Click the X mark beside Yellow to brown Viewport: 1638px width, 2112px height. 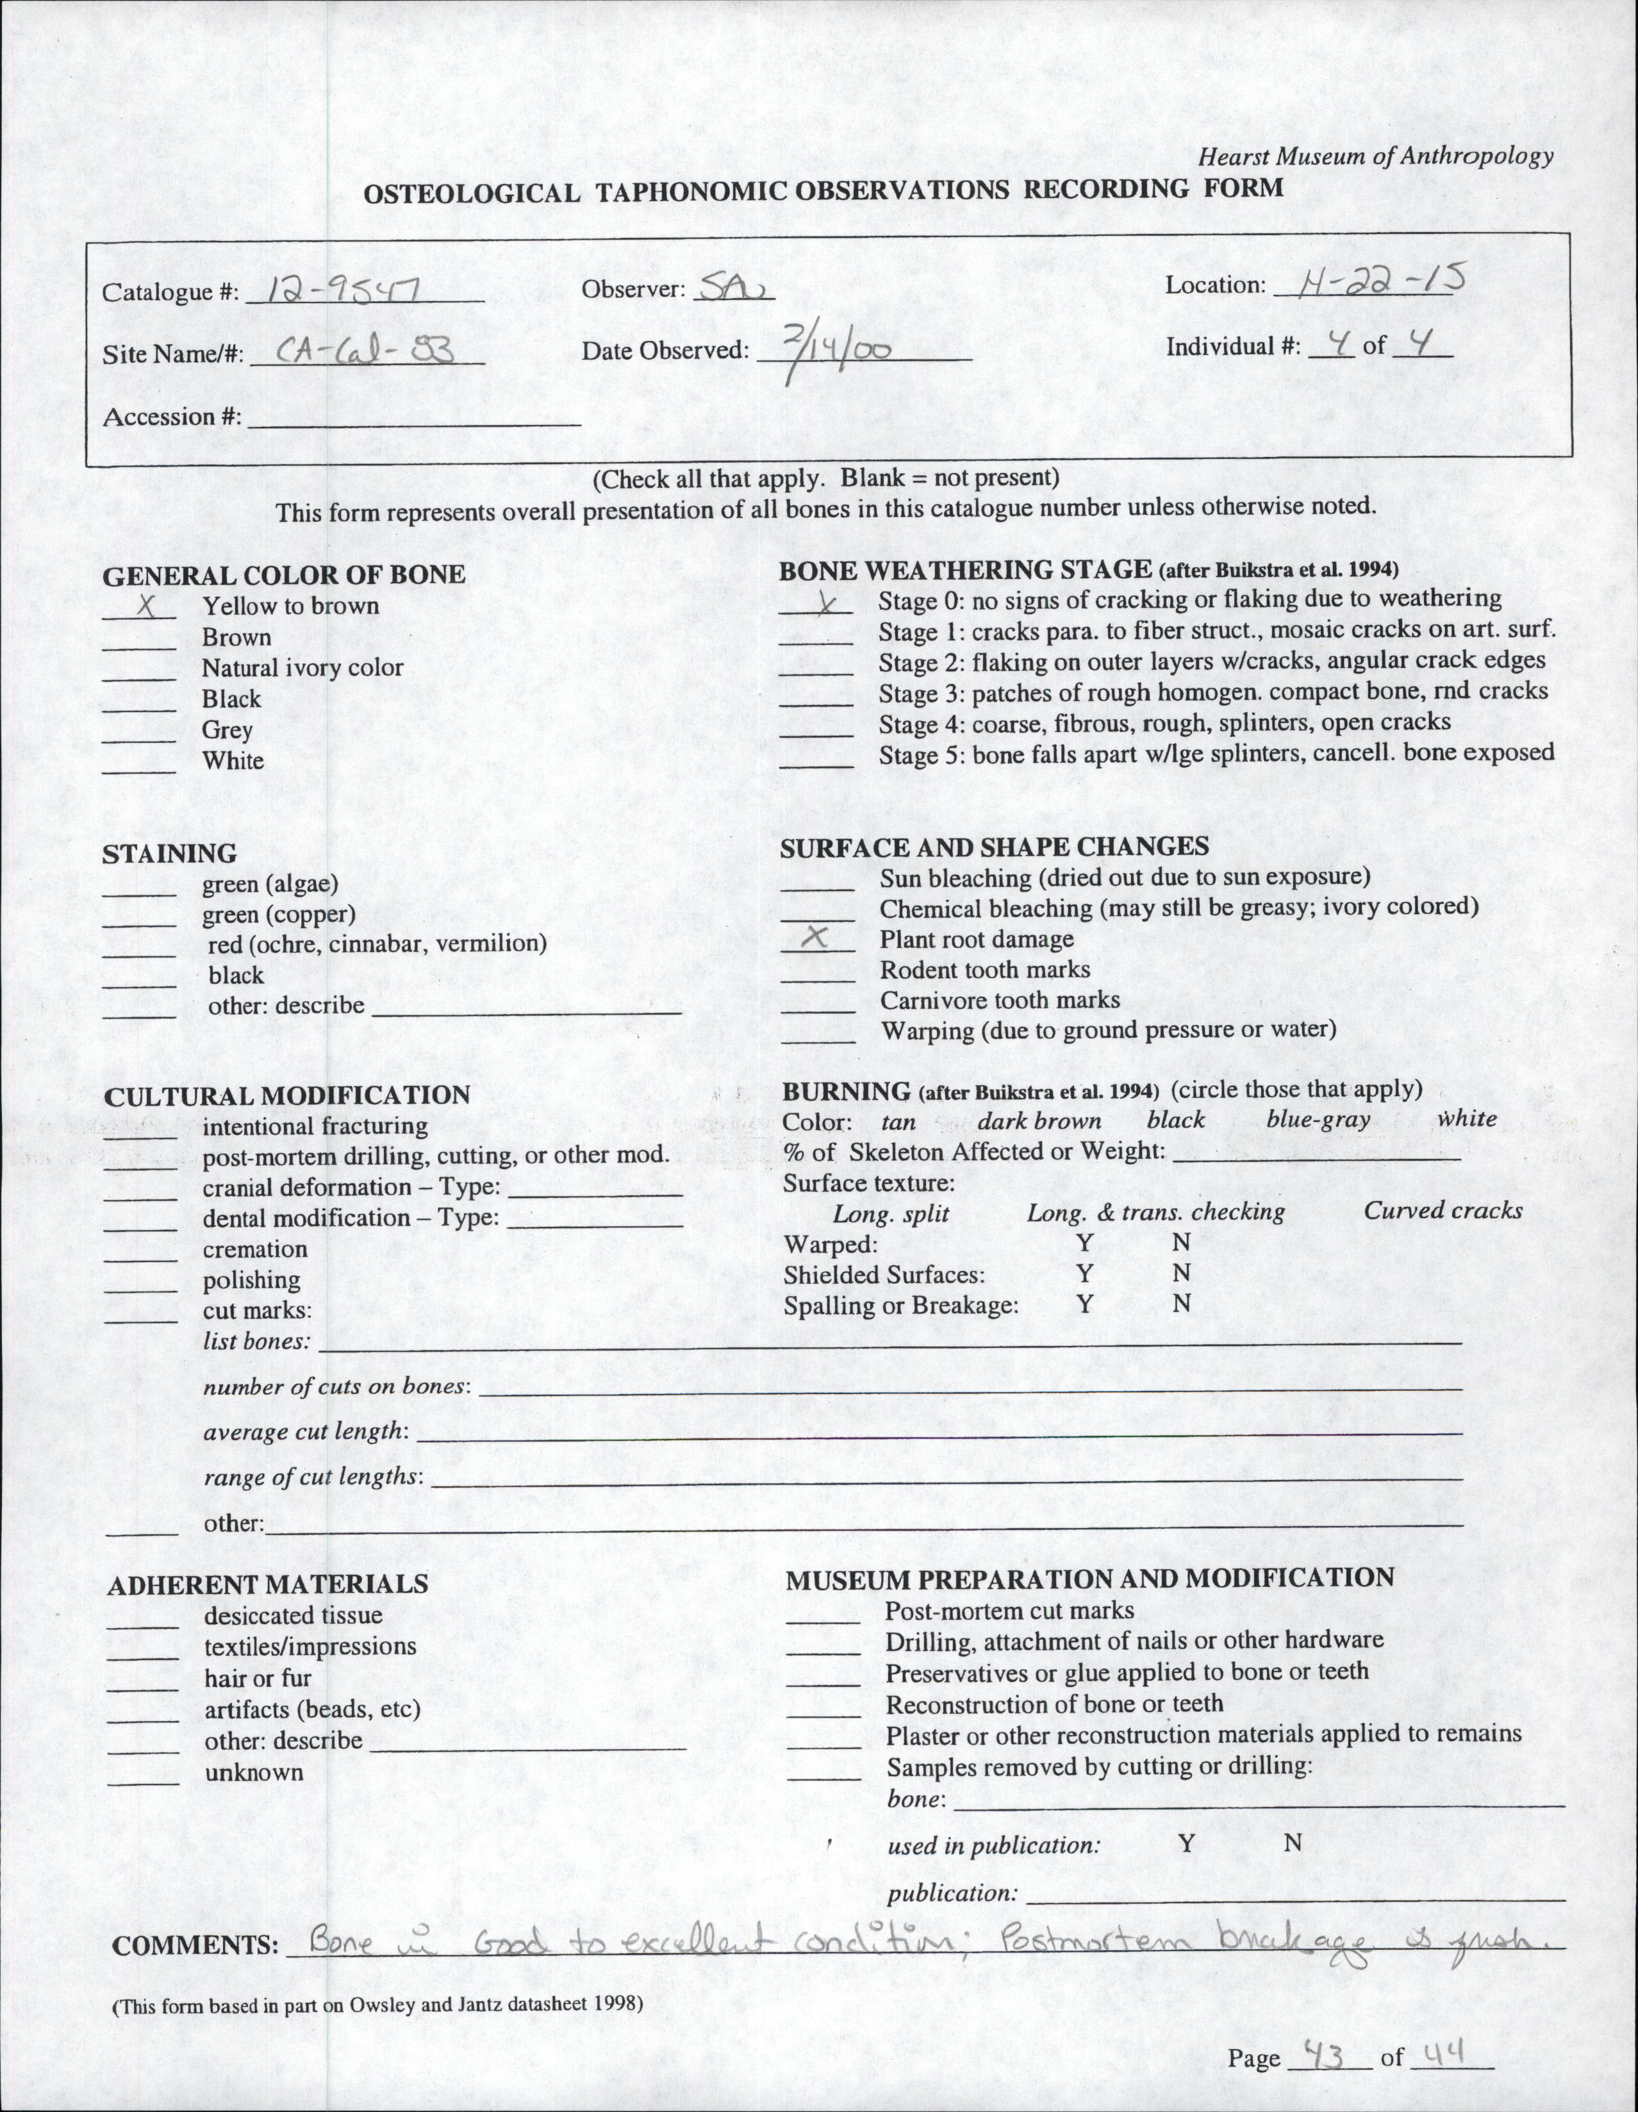click(x=148, y=606)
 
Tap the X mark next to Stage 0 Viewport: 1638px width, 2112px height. click(x=825, y=603)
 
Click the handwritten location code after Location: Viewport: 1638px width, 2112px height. click(x=1372, y=281)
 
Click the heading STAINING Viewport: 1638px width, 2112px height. click(x=169, y=854)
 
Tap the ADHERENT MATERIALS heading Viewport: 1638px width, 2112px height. click(x=268, y=1584)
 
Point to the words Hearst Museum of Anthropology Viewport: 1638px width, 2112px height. click(x=1375, y=156)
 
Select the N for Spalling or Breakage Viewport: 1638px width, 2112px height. click(x=1180, y=1304)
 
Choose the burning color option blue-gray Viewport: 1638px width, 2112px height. click(x=1318, y=1120)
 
